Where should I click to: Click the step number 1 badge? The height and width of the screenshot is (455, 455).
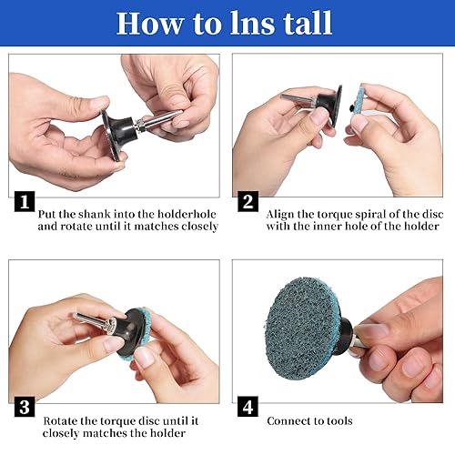25,201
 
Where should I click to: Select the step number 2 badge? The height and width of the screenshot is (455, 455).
248,201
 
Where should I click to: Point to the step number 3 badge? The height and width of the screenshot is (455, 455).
25,407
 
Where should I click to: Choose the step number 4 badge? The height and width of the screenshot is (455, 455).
248,407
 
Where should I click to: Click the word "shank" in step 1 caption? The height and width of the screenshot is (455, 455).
95,214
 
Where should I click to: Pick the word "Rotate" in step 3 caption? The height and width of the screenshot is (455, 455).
60,421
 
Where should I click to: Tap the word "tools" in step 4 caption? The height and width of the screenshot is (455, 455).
339,421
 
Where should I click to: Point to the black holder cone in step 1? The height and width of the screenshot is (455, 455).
121,134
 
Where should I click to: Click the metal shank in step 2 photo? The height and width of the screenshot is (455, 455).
298,99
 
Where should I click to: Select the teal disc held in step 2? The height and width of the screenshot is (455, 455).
358,102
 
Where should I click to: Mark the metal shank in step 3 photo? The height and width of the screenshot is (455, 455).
93,321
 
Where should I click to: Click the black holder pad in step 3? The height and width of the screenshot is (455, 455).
130,332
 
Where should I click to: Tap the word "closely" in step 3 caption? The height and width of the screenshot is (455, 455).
60,433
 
